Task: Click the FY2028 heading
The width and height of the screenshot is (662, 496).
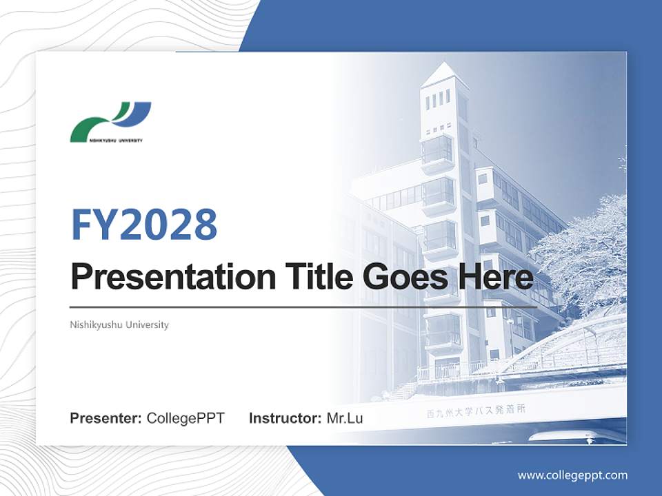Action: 144,224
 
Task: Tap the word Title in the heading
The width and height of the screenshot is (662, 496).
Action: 313,277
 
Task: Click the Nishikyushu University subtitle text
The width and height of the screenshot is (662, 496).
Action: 119,324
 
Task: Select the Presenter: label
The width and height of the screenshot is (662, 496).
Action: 106,418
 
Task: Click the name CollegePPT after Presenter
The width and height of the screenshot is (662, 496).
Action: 185,418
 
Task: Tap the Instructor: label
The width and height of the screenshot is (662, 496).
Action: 285,418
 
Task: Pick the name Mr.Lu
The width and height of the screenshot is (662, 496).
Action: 345,418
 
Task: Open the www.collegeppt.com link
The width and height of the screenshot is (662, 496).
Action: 572,475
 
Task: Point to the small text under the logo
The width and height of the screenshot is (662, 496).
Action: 106,141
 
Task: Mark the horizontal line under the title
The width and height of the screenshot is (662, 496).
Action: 303,307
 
